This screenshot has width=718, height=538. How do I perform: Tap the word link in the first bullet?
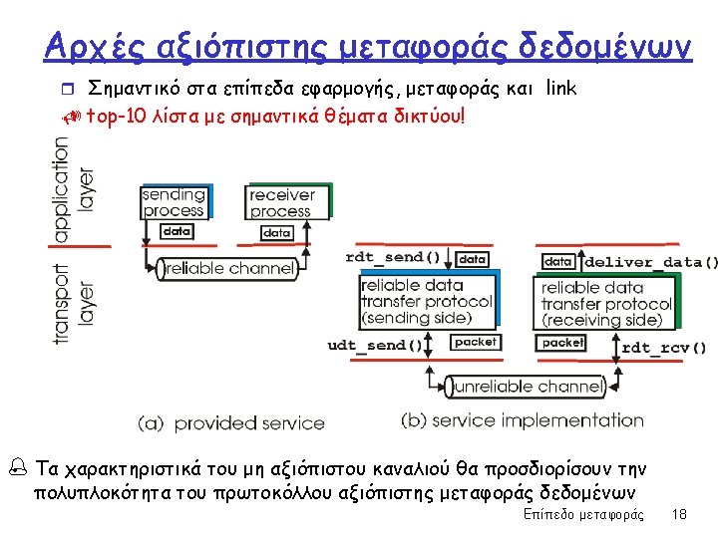pos(560,89)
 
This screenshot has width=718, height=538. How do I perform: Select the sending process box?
pos(174,201)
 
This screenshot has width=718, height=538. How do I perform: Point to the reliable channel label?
pos(230,268)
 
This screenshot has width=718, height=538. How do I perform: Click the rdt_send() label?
pos(392,257)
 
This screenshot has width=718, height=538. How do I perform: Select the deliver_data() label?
pos(650,262)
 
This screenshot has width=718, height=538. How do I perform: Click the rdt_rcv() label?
pos(663,348)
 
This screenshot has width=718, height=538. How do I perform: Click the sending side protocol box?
pos(426,301)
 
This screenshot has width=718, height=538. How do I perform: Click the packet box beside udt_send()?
pos(475,342)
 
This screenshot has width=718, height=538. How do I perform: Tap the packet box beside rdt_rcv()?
pos(562,342)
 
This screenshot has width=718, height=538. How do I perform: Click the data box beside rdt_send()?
pos(473,258)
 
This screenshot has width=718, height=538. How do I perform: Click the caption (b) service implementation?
pos(522,420)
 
